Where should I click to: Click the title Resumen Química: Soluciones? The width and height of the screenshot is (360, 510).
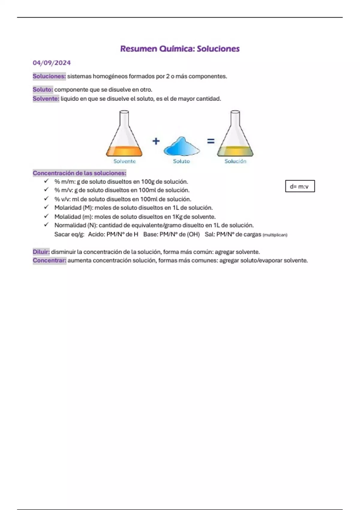180,49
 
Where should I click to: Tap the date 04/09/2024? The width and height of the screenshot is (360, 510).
52,63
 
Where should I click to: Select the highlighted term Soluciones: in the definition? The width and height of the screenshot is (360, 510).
49,76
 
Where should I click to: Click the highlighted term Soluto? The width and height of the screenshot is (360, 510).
43,90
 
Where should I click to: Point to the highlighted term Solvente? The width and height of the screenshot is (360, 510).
46,99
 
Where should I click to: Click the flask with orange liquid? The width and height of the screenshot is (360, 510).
124,135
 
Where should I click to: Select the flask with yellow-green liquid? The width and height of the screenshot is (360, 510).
235,135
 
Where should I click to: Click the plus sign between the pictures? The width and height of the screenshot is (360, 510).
156,141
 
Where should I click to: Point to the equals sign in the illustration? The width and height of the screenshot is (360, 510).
211,141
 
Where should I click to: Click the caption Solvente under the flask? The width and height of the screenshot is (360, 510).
124,161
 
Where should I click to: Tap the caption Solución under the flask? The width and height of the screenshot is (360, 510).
235,161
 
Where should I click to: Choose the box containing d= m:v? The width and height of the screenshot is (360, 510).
300,186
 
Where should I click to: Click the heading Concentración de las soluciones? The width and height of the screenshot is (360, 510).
79,173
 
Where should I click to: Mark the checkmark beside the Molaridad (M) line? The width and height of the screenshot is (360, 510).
46,207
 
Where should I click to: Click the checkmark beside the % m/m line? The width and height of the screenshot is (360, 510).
46,181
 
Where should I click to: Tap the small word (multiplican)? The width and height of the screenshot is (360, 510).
275,235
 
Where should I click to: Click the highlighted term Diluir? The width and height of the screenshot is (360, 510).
41,252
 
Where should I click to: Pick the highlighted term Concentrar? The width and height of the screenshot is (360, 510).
49,260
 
